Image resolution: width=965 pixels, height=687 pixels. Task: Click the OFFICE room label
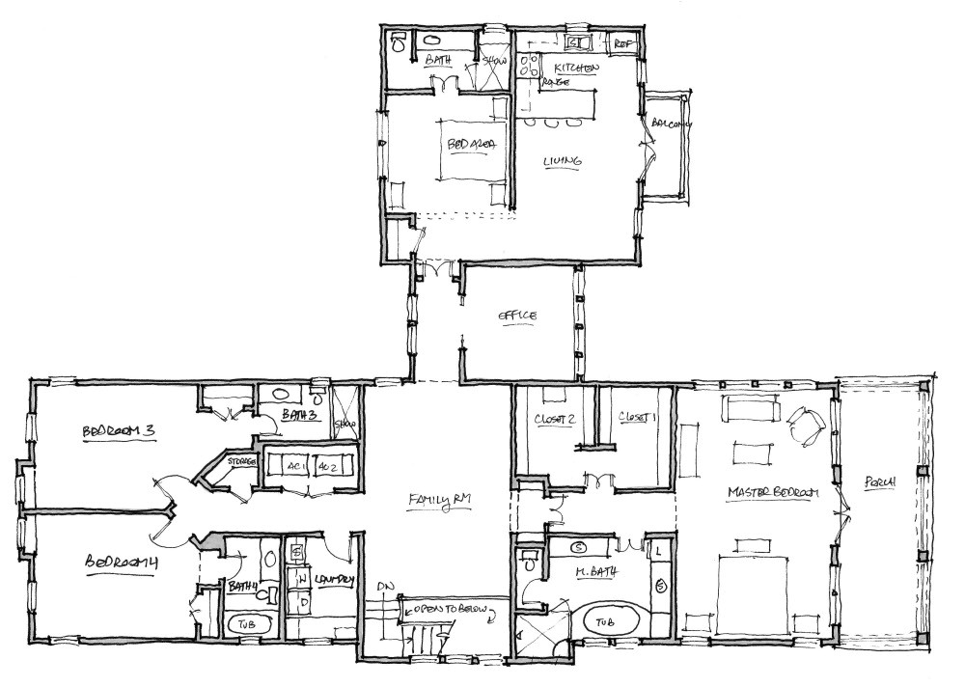pos(516,316)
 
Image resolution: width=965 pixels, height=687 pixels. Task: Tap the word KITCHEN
pos(577,69)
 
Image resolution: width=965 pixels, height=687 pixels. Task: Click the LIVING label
pos(562,161)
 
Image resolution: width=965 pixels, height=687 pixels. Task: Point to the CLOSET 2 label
pos(554,419)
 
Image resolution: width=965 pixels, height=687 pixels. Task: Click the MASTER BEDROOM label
pos(772,493)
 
